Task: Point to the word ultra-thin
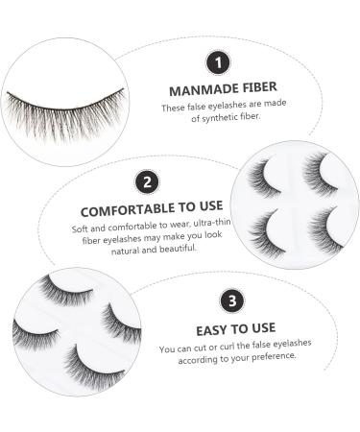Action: pos(201,228)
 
